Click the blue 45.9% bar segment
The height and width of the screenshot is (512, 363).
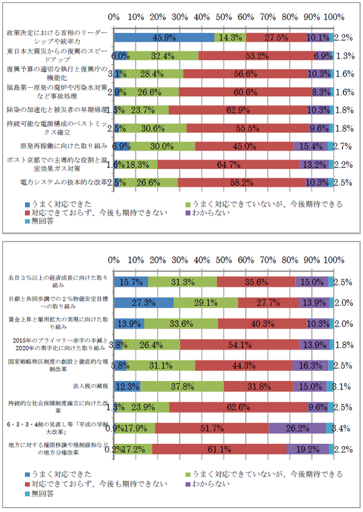(x=164, y=37)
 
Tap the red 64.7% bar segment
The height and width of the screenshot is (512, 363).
(x=229, y=164)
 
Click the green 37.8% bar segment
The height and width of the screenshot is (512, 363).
(x=182, y=386)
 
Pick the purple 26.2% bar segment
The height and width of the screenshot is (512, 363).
(x=297, y=428)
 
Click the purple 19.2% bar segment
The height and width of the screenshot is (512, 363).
(x=308, y=449)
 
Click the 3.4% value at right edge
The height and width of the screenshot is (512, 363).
(x=344, y=428)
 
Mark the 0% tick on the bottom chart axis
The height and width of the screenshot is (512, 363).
(x=114, y=260)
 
